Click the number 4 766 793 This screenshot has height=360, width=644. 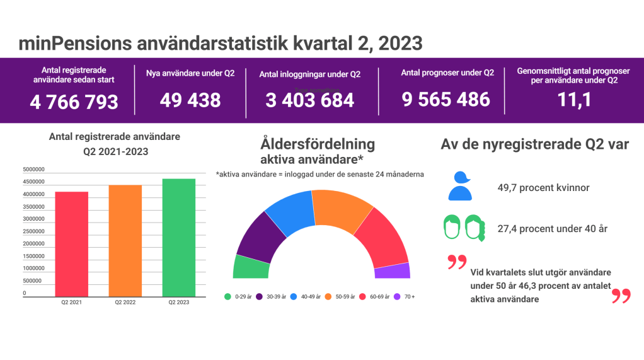tap(74, 102)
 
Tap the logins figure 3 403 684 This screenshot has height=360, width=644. tap(309, 100)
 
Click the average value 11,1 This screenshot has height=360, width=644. tap(573, 99)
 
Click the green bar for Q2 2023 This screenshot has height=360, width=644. tap(178, 237)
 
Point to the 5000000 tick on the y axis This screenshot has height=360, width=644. tap(33, 170)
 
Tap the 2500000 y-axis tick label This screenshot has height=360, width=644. tap(33, 231)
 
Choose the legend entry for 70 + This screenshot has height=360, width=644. tap(405, 296)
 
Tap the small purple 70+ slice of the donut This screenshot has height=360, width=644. tap(392, 271)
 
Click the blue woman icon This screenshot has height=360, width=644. tap(460, 186)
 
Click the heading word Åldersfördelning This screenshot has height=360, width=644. tap(317, 144)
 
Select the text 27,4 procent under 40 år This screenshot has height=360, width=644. tap(552, 228)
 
